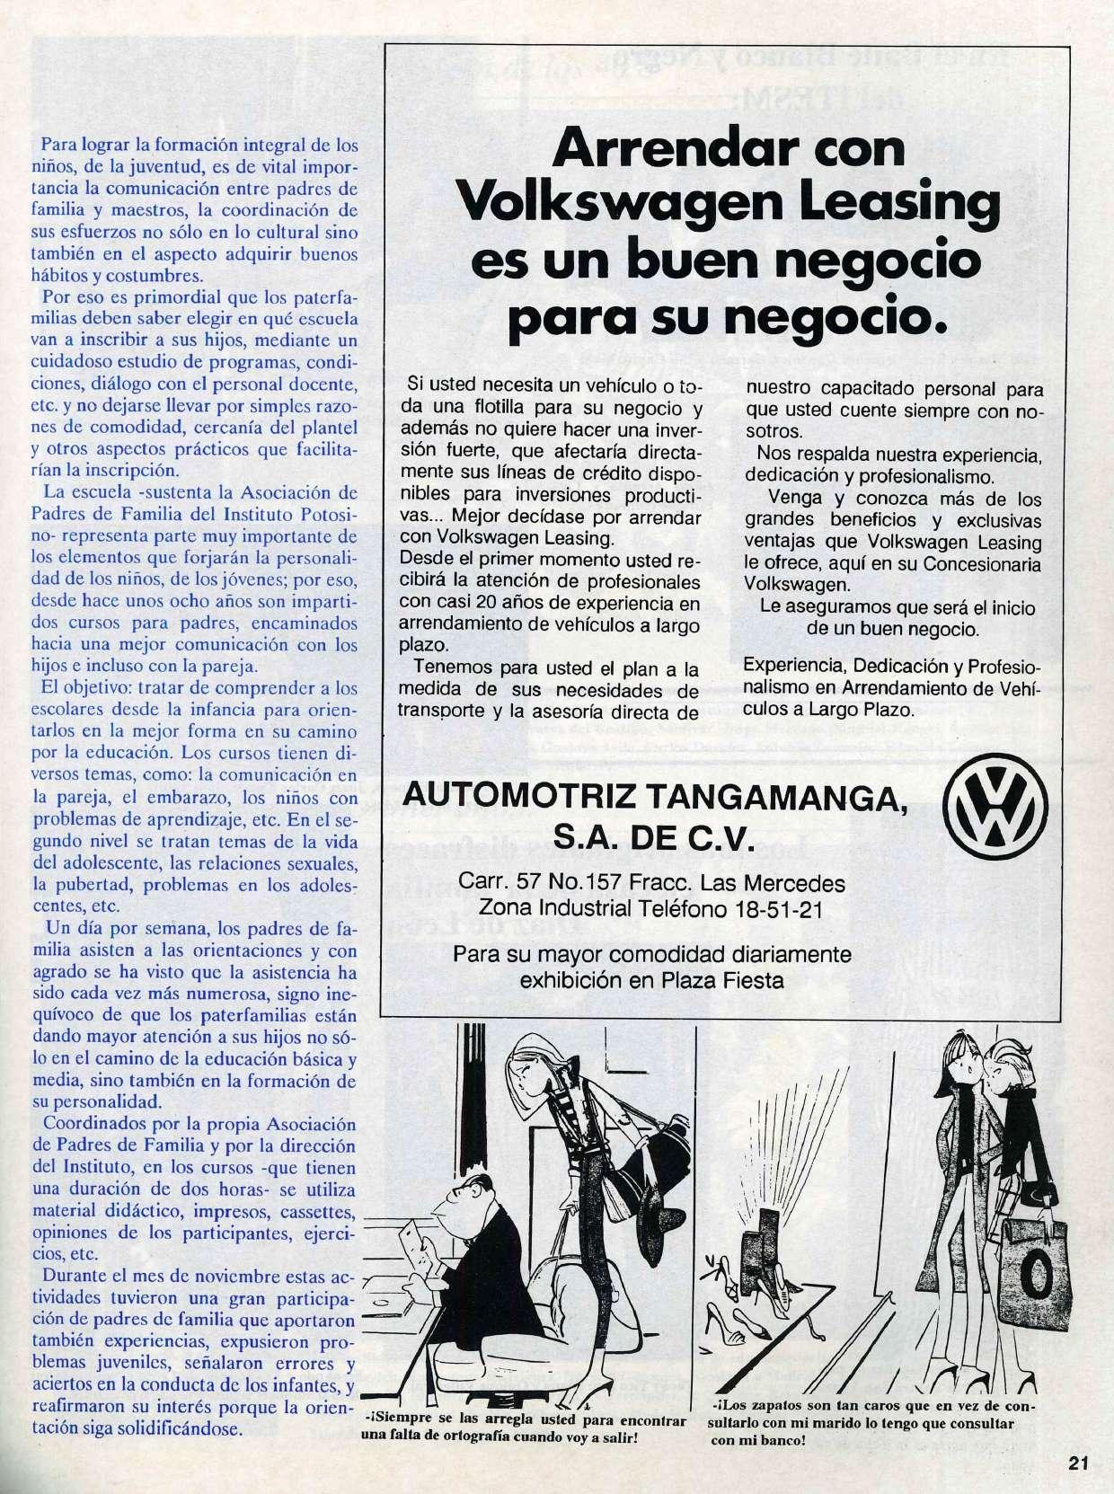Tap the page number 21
pos(1079,1463)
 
